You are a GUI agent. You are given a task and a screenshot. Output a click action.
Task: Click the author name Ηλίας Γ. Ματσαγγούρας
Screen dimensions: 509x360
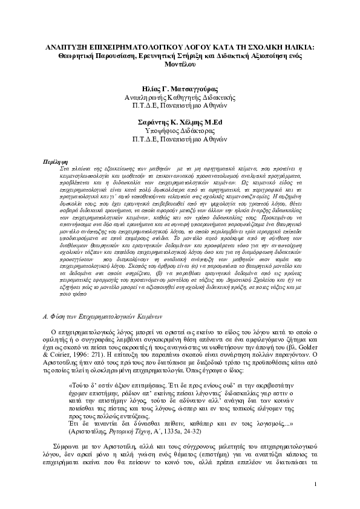pos(180,88)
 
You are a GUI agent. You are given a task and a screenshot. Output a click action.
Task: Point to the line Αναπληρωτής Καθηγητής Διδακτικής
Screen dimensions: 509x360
pos(180,96)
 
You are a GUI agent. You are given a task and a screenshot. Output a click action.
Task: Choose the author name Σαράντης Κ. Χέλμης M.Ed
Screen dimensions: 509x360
pos(180,121)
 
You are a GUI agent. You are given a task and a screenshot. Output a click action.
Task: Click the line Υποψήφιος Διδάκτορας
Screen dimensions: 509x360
pos(180,129)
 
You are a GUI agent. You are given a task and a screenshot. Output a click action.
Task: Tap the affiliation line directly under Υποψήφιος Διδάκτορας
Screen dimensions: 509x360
pos(180,138)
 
